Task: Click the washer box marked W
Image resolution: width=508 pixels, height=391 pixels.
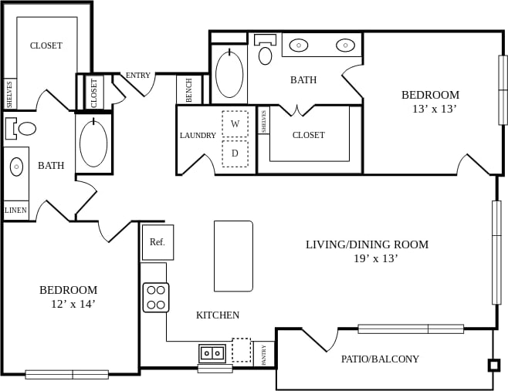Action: click(235, 123)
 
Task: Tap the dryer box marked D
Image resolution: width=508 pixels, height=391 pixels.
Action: click(235, 153)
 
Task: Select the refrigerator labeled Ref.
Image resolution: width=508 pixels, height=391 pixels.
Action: click(157, 242)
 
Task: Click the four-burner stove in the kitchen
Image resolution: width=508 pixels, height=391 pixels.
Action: click(156, 297)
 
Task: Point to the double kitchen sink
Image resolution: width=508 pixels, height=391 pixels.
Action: click(212, 353)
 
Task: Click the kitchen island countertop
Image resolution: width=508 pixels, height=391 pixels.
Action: click(233, 256)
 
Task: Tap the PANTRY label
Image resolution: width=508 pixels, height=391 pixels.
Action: click(264, 354)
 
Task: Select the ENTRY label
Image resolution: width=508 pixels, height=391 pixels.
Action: click(138, 75)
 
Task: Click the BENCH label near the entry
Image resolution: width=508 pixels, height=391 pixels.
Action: click(189, 90)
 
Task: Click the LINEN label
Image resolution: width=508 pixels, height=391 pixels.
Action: click(15, 210)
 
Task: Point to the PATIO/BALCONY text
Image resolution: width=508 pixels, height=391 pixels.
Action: click(380, 359)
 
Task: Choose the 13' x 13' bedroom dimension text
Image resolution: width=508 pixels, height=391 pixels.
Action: click(435, 109)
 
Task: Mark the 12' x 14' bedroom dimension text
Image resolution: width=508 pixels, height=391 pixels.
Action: click(69, 304)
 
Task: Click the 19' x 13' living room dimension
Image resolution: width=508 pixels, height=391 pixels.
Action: click(375, 258)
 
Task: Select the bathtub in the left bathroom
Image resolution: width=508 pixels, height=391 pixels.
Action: click(93, 143)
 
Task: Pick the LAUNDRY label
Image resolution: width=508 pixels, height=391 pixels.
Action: click(198, 135)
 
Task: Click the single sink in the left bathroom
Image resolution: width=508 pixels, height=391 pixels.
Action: click(16, 167)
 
